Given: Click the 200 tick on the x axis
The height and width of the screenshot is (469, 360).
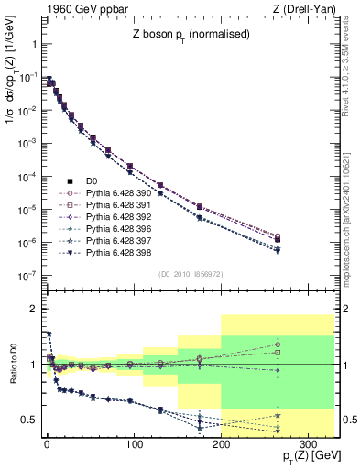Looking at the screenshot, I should click(221, 439).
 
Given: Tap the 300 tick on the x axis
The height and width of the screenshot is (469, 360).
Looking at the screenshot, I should click(308, 439).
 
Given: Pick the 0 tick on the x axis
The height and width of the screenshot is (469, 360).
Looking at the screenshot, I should click(47, 439).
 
